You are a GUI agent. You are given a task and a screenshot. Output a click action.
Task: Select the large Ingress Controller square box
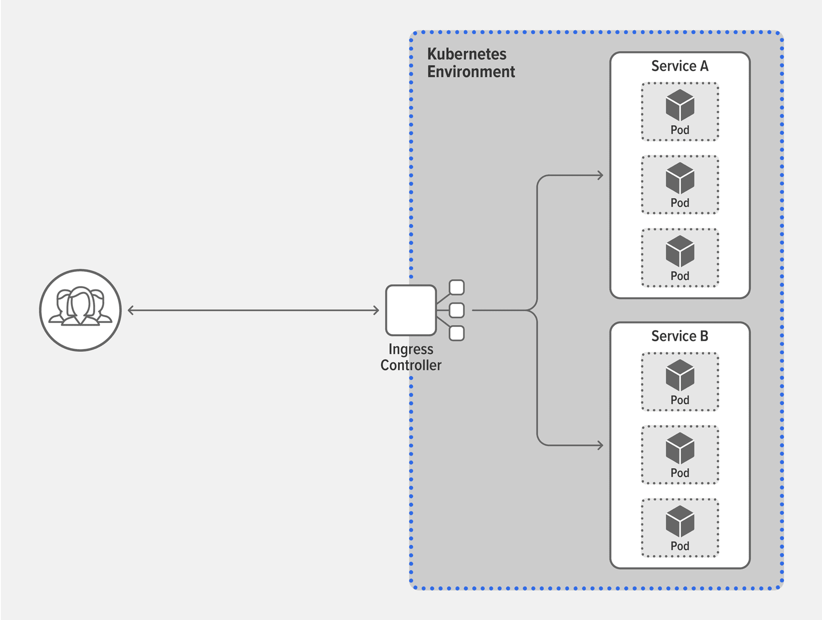410,310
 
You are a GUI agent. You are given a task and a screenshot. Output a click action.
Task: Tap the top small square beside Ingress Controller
456,287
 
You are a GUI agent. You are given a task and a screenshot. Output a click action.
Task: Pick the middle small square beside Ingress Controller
456,310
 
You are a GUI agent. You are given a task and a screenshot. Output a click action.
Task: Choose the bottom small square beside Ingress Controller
456,333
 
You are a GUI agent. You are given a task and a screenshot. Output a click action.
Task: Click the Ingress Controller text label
410,357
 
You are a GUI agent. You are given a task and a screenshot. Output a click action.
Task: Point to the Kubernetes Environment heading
470,63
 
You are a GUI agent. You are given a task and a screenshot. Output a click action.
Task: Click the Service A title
679,66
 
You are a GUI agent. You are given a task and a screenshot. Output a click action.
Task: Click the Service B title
679,336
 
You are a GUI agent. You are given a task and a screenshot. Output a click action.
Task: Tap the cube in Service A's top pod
680,105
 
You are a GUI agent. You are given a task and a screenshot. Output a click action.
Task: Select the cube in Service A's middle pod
680,178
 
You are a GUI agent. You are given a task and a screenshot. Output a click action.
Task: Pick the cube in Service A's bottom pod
680,251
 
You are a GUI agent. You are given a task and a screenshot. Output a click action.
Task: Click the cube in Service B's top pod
680,375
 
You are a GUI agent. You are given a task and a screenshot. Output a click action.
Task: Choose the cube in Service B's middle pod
680,448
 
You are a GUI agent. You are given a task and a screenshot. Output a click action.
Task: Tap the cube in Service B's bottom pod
680,521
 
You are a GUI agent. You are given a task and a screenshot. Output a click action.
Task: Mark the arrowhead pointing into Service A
600,175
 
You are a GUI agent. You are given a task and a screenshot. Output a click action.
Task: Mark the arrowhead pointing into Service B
600,445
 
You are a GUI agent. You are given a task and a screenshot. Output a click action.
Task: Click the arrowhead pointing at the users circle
130,310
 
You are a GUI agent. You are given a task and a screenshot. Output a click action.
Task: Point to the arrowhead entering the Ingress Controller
376,310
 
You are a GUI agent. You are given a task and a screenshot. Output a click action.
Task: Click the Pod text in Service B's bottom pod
680,546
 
